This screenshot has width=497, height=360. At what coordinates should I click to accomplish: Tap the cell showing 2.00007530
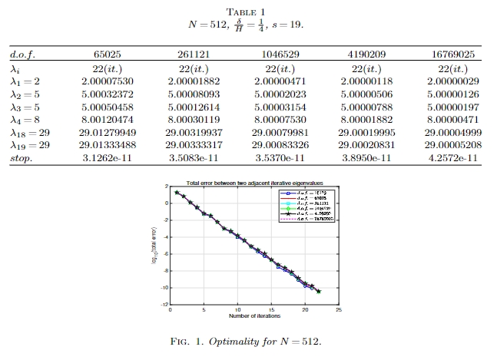pos(108,81)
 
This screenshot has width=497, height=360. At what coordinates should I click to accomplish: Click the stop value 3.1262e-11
pos(108,157)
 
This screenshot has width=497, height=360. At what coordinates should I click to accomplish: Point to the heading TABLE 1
pos(247,11)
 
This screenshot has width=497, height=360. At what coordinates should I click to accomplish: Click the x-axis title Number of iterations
pos(254,315)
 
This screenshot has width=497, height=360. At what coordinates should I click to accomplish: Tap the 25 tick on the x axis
pos(339,309)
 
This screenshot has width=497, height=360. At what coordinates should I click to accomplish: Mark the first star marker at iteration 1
pos(177,193)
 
